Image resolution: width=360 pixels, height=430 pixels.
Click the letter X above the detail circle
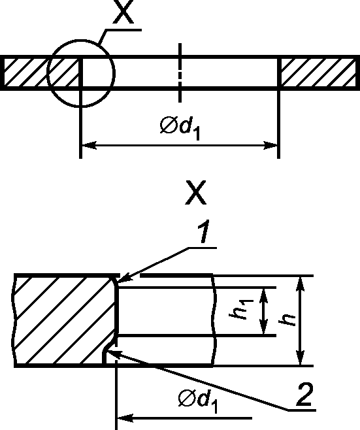point(123,12)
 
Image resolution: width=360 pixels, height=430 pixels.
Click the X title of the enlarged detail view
point(195,192)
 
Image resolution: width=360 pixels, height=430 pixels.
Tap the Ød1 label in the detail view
point(198,401)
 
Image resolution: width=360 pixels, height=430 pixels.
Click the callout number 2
point(304,394)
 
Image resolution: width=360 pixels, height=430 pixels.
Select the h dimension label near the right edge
point(287,320)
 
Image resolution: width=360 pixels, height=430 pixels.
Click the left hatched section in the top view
point(41,73)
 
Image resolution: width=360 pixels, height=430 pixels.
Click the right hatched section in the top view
point(319,73)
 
